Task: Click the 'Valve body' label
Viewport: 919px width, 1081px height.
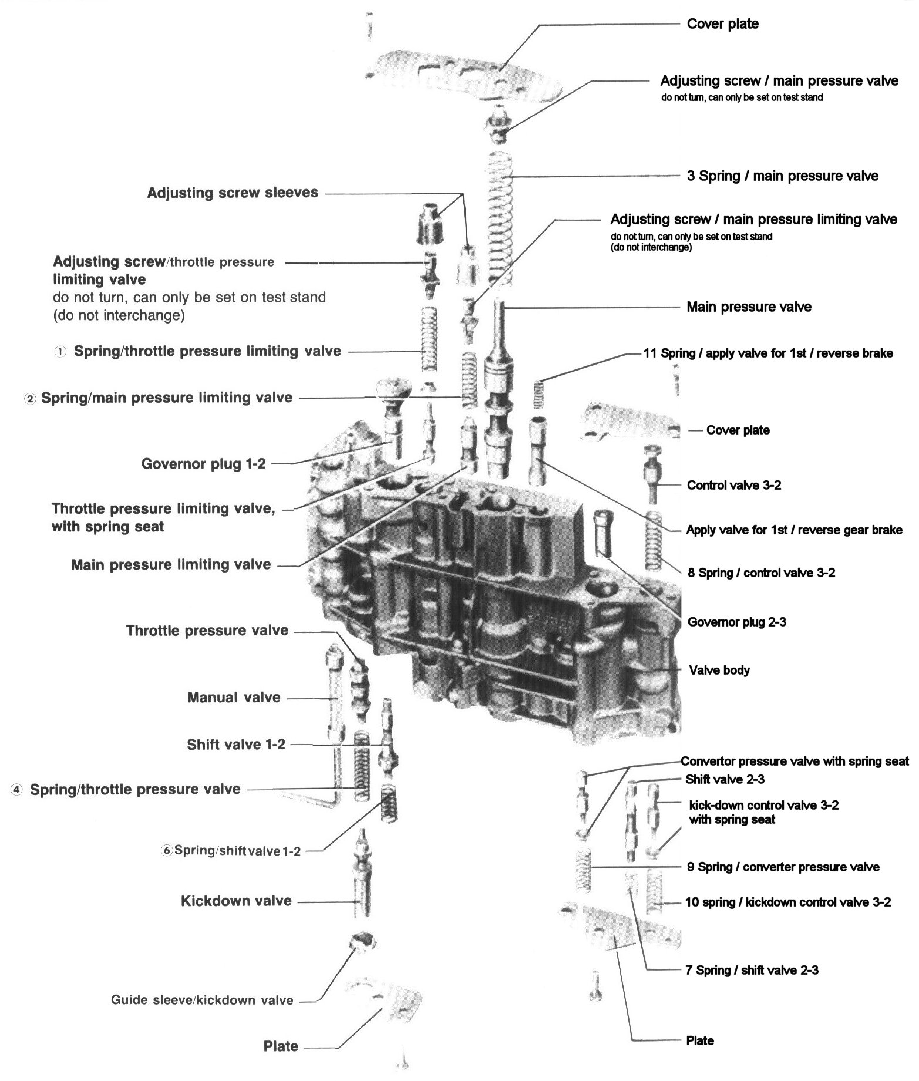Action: pos(719,670)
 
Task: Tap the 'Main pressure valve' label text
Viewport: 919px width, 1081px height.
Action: pos(749,307)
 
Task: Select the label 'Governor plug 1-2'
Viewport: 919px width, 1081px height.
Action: pos(203,464)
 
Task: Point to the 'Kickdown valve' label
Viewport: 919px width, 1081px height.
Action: pos(236,901)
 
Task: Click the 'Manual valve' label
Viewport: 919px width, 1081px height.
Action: pos(234,698)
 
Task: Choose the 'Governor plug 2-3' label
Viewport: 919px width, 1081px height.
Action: pos(736,622)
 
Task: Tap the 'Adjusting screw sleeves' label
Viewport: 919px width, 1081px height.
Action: pos(233,193)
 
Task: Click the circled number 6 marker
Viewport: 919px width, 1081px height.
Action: pos(166,850)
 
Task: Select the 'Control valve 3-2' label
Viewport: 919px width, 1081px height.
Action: pos(734,485)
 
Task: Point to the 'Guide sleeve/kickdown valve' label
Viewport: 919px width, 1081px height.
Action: pos(202,1000)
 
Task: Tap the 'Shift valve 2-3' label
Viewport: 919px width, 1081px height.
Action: pos(725,780)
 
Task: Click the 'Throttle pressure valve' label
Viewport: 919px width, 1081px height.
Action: pos(207,631)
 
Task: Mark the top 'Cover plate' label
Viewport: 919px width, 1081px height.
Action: pos(722,24)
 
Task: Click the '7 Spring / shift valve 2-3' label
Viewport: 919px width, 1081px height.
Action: pos(751,971)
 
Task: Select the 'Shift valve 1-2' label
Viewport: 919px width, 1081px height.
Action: pos(236,745)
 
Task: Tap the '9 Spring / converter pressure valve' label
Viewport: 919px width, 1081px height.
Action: pos(783,867)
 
